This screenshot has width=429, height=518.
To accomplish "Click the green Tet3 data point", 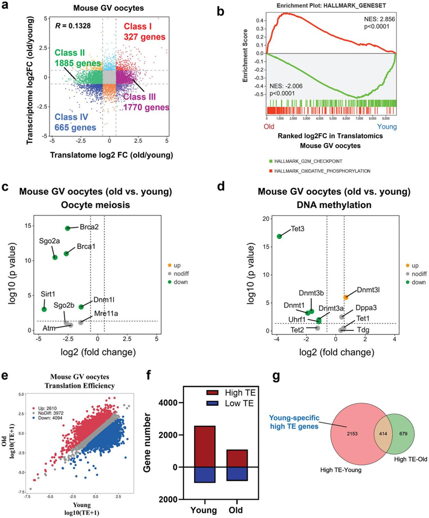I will click(279, 236).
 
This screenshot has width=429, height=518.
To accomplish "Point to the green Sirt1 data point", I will click(44, 309).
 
